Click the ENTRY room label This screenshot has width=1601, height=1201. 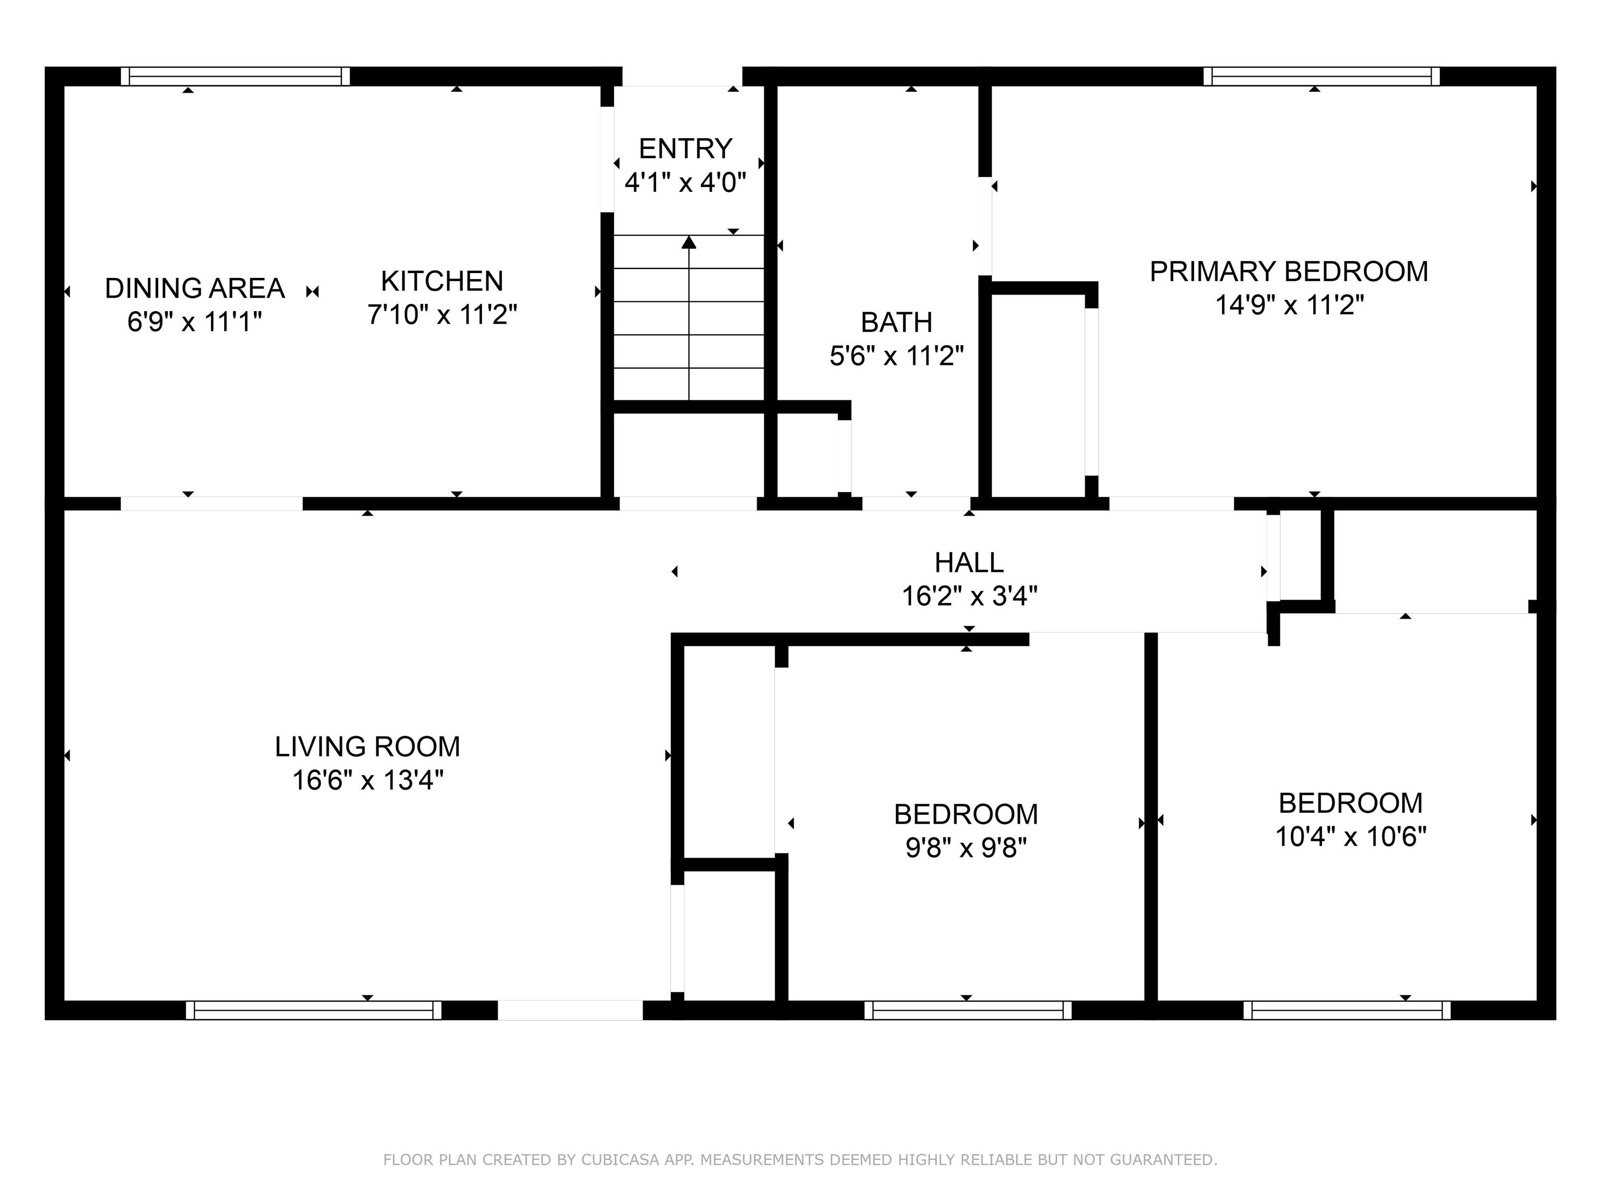(x=685, y=149)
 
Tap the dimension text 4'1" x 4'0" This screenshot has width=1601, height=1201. (x=685, y=182)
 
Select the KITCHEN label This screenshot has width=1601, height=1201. (x=442, y=281)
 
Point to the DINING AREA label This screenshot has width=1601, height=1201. (x=195, y=288)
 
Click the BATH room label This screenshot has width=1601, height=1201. (x=897, y=322)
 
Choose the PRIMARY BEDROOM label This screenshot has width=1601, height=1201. (x=1289, y=272)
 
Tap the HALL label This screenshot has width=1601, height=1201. (x=969, y=562)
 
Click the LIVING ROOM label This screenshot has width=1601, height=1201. (x=368, y=746)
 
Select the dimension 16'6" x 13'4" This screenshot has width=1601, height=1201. (x=368, y=780)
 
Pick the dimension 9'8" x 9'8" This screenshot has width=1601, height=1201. (x=966, y=847)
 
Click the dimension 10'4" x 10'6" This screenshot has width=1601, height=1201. (x=1350, y=837)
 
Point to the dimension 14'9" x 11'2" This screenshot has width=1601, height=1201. (x=1289, y=305)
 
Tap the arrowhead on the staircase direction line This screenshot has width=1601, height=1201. (x=689, y=242)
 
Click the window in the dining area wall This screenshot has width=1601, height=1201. (x=235, y=76)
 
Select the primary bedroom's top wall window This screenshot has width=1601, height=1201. (x=1322, y=76)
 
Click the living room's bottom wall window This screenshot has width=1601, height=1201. (x=313, y=1010)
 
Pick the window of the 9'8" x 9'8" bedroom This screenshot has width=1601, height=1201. (x=968, y=1010)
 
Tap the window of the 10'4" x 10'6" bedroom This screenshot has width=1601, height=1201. (x=1347, y=1010)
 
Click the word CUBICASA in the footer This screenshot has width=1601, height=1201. (x=620, y=1160)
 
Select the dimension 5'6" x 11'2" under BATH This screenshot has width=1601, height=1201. (x=897, y=356)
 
